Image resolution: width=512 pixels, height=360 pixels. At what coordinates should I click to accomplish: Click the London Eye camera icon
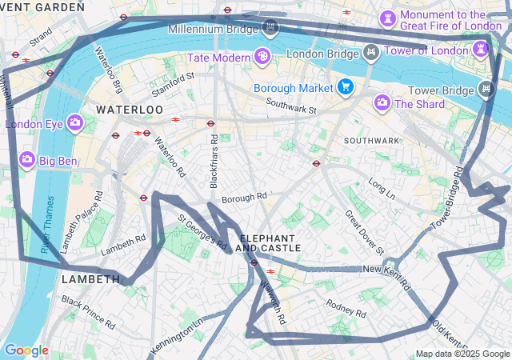[x=75, y=122]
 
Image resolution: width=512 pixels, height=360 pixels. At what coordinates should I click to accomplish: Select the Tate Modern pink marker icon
[x=262, y=56]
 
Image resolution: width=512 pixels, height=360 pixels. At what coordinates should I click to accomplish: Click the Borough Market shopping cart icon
[x=346, y=86]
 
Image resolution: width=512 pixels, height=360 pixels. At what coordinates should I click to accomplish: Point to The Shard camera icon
[x=382, y=102]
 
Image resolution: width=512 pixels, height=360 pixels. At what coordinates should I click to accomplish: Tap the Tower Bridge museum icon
[x=485, y=88]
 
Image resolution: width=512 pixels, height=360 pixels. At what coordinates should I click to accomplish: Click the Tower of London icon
[x=480, y=50]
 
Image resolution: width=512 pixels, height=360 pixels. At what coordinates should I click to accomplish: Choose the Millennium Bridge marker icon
[x=270, y=28]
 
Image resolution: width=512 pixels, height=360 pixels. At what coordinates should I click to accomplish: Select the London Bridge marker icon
[x=371, y=54]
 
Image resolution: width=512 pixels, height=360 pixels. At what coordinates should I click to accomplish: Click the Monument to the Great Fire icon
[x=388, y=17]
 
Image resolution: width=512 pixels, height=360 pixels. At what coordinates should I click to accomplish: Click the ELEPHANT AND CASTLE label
[x=270, y=243]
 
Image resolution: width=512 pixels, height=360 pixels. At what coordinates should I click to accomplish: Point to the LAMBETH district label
[x=90, y=278]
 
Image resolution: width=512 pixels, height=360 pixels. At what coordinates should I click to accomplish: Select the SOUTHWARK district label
[x=371, y=140]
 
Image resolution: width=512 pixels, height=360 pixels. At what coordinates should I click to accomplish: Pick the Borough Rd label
[x=244, y=198]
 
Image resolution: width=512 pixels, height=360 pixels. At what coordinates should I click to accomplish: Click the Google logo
[x=26, y=350]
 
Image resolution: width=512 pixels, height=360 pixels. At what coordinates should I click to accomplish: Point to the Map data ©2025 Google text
[x=462, y=354]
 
